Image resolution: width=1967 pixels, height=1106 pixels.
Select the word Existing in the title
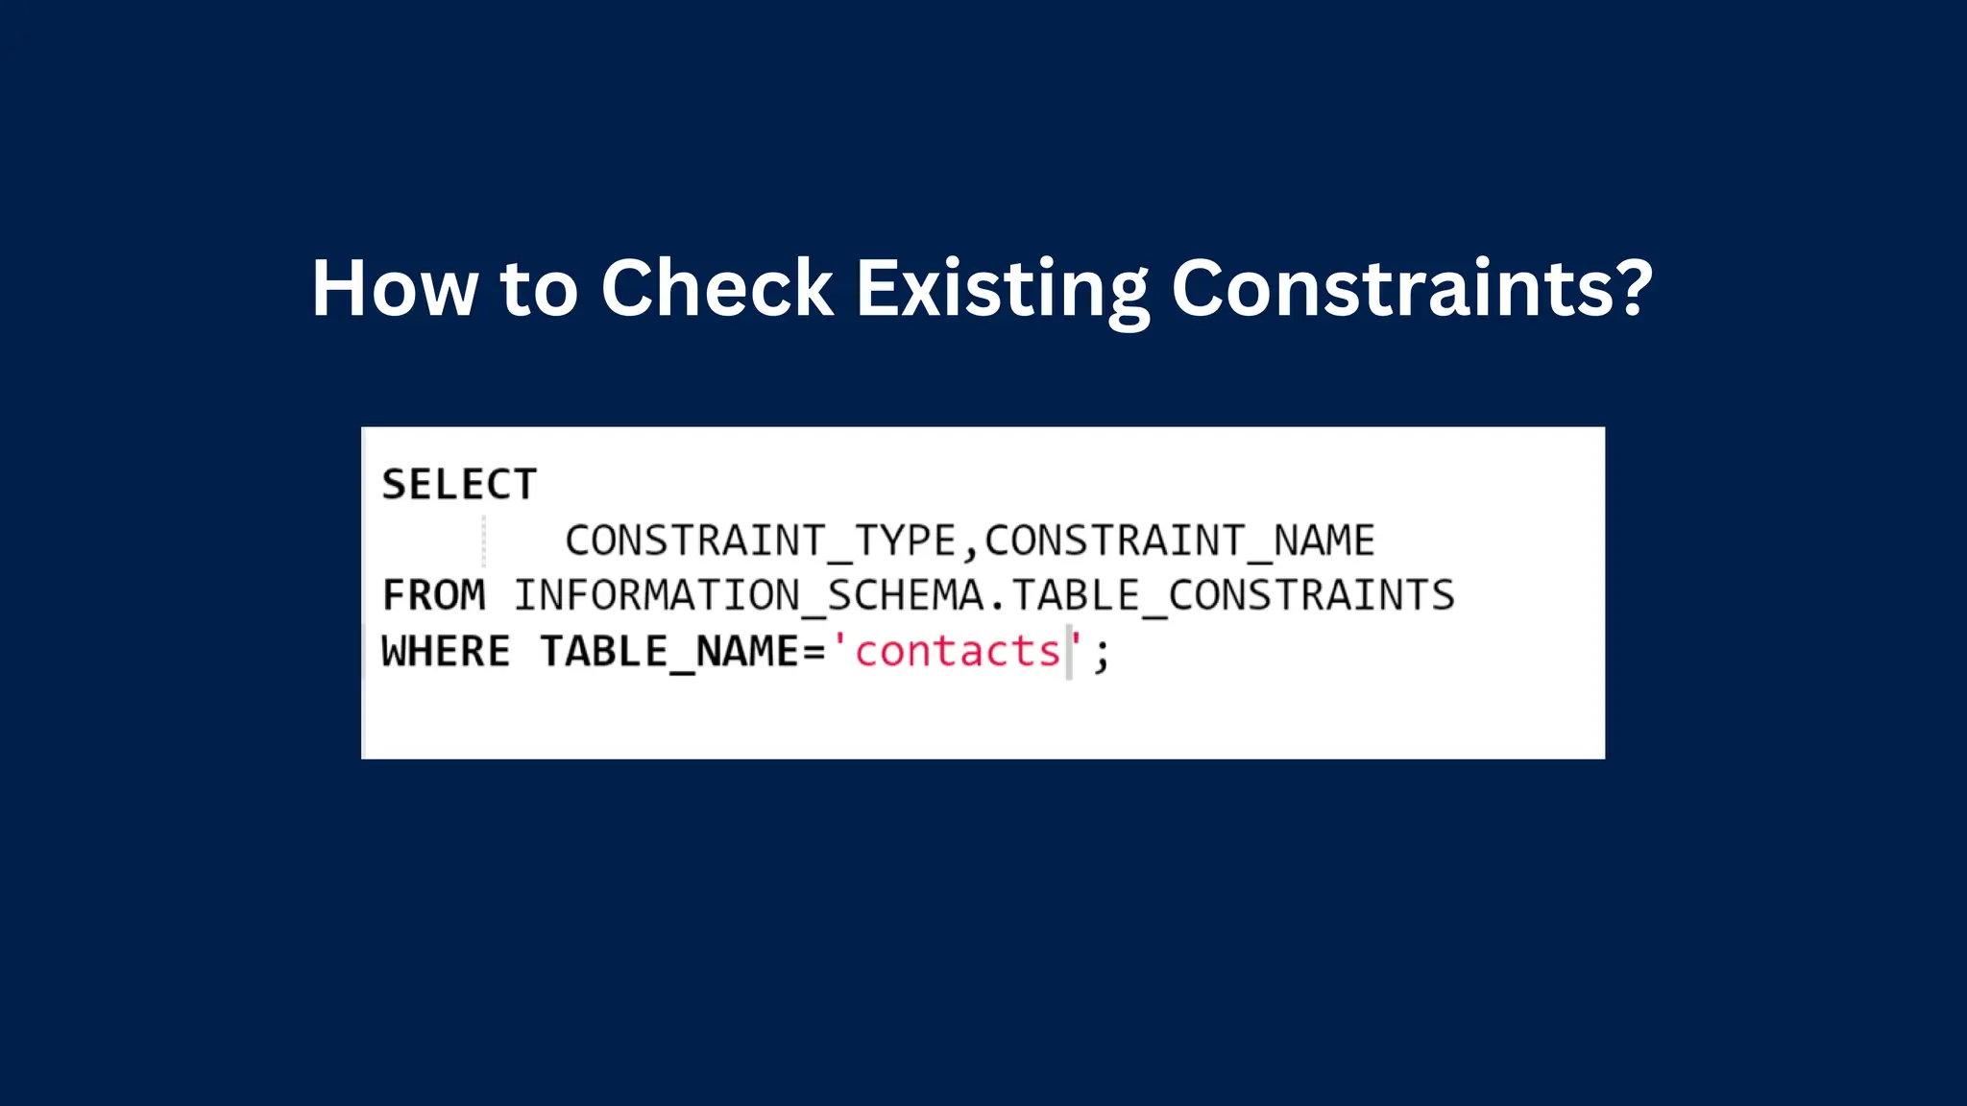coord(1002,289)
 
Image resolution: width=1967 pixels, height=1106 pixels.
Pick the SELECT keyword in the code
coord(459,485)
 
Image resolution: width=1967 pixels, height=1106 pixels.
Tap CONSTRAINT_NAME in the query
coord(1179,541)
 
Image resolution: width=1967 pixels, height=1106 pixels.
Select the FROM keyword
coord(434,595)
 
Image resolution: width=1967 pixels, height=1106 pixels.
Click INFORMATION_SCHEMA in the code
coord(749,595)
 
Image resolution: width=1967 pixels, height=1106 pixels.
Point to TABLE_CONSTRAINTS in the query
coord(1233,595)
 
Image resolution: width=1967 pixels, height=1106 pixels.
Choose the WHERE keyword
coord(446,652)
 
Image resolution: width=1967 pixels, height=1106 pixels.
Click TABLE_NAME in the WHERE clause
coord(669,652)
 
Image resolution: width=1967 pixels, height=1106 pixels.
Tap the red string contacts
coord(958,652)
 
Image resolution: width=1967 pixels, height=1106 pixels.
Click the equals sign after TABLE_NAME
coord(814,653)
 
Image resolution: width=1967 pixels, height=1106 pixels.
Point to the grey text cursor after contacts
coord(1069,652)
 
